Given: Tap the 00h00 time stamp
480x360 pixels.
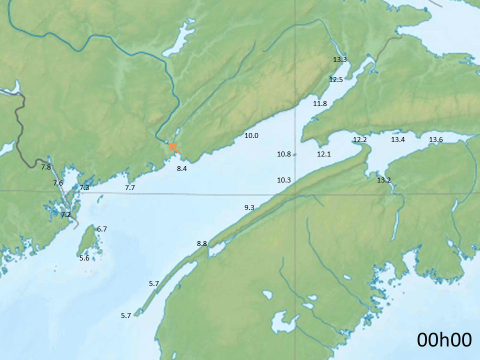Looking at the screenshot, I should click(444, 340).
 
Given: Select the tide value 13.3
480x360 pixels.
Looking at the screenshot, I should click(340, 59).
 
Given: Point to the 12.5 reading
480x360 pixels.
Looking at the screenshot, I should click(336, 79).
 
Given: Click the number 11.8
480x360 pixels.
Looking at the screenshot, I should click(320, 103).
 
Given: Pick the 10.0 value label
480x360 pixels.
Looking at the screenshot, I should click(251, 135).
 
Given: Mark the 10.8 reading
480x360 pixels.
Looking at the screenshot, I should click(284, 154).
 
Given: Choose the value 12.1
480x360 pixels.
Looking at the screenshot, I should click(324, 154).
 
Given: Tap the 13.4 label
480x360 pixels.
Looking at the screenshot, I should click(398, 139).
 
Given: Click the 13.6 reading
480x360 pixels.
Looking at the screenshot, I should click(436, 139).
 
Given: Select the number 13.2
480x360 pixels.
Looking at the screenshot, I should click(384, 180).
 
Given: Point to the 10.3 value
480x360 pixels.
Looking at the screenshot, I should click(284, 179).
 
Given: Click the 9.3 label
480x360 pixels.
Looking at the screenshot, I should click(249, 207).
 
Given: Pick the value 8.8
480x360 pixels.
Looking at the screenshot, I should click(202, 243).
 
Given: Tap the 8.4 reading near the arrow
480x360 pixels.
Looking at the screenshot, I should click(182, 169).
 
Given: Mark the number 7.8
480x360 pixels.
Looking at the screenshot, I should click(46, 167).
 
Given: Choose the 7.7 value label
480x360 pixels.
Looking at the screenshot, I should click(130, 187).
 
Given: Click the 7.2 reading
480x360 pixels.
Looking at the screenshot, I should click(66, 214).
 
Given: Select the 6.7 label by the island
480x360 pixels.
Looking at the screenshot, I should click(102, 229).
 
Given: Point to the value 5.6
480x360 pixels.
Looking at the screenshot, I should click(84, 258).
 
